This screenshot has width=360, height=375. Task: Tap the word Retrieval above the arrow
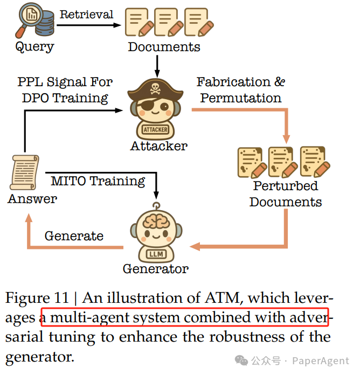pos(86,15)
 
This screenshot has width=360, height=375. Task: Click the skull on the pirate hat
pos(155,87)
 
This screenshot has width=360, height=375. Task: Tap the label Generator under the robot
pos(155,268)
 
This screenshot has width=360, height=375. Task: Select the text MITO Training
pos(98,181)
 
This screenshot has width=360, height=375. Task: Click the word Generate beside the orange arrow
pos(74,236)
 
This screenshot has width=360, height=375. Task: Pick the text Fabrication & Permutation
pos(240,90)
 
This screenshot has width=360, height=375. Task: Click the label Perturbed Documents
pos(285,194)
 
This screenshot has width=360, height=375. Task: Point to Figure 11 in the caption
pos(37,298)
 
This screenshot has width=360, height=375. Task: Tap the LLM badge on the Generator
pos(155,253)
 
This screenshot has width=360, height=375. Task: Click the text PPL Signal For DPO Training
pos(65,90)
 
